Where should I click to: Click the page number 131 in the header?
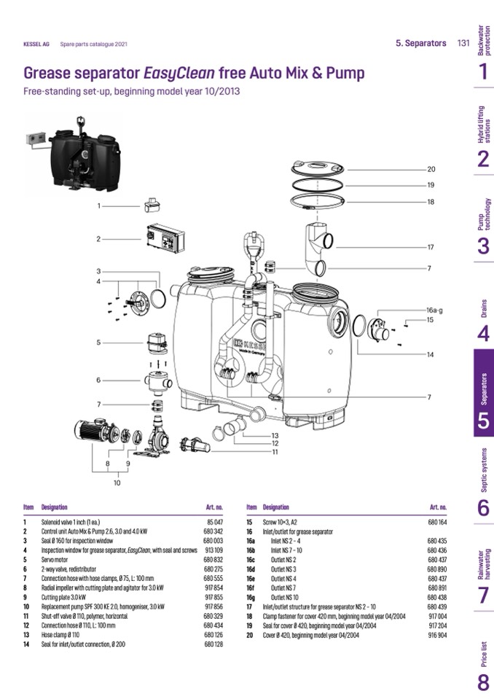[x=463, y=43]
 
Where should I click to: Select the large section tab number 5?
[x=483, y=422]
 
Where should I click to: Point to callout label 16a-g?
[x=434, y=311]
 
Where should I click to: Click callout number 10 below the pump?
[x=116, y=482]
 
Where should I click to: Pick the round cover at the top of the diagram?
[x=318, y=166]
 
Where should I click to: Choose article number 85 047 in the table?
[x=214, y=523]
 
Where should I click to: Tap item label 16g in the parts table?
[x=251, y=596]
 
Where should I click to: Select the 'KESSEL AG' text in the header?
[x=36, y=44]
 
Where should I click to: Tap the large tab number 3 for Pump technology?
[x=483, y=246]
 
